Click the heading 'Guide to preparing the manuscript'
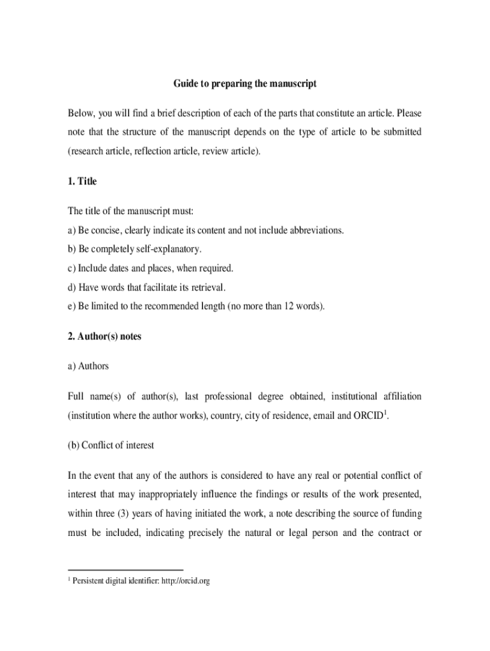(245, 83)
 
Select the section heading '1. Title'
(82, 181)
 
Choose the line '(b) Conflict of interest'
(111, 445)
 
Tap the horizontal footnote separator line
(125, 570)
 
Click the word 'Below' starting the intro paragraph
(81, 113)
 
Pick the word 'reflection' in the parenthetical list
(152, 151)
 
